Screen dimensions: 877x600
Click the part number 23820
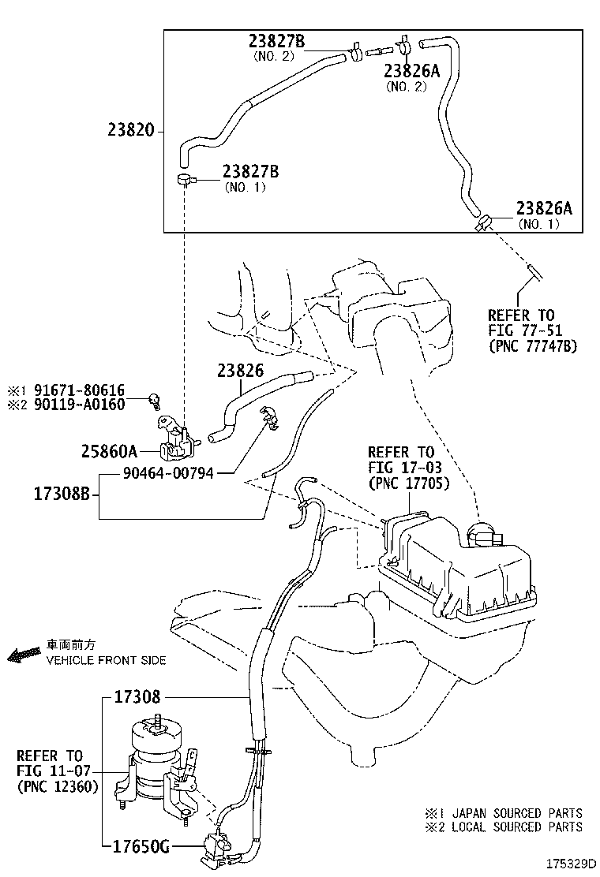(132, 132)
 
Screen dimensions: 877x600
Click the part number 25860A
(109, 452)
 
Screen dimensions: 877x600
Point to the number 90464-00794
(167, 473)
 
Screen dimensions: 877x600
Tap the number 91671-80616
(87, 390)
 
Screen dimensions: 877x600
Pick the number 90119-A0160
(87, 405)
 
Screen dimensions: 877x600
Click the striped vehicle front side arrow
(24, 655)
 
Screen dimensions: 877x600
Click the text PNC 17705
(408, 483)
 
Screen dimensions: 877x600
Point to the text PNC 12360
(57, 786)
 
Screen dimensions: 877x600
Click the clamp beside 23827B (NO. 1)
(186, 180)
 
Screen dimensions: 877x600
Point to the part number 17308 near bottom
(137, 697)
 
